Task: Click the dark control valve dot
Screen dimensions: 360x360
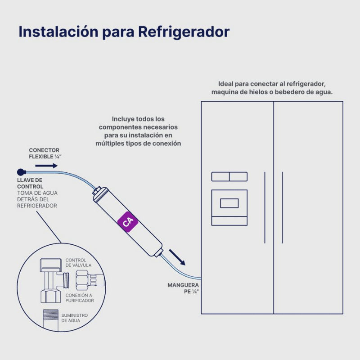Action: pos(20,172)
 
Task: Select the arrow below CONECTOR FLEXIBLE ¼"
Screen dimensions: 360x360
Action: pos(46,166)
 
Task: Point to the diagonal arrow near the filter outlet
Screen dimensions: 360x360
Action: pos(177,257)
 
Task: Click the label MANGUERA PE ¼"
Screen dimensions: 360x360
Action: pos(183,288)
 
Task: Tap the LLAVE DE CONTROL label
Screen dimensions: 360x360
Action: pos(30,183)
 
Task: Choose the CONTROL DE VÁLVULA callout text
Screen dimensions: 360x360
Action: pos(78,263)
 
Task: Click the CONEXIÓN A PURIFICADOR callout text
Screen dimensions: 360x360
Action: pos(80,297)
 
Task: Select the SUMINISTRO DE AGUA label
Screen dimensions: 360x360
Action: pos(75,318)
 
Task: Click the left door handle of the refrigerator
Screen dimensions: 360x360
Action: pos(265,207)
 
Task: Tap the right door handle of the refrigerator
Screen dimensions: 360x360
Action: pos(283,207)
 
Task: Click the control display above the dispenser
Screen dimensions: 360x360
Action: pos(229,176)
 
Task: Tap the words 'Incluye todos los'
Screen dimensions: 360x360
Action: pos(138,119)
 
